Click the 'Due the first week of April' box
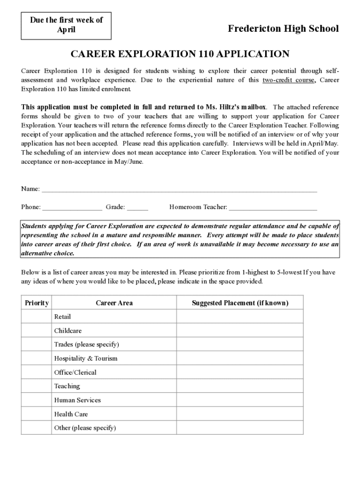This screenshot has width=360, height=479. pos(66,25)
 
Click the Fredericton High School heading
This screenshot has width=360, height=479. pos(283,29)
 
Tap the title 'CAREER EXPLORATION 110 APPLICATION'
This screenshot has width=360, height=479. pos(180,54)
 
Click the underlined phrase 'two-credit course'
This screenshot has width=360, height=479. pos(289,80)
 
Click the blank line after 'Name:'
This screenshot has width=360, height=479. pos(180,189)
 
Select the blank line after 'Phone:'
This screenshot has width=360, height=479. pos(72,207)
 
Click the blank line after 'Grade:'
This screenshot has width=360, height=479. pos(137,207)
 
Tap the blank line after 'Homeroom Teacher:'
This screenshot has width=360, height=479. pos(273,207)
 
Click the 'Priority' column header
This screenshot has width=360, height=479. pos(36,303)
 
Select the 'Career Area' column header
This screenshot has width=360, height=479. pos(114,303)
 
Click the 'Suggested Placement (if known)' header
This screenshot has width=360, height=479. pos(240,303)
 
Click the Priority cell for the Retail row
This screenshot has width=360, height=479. pos(36,317)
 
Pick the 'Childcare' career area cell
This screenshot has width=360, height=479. pos(68,331)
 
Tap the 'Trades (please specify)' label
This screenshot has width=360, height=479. pos(86,345)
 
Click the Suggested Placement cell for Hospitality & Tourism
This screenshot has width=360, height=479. pos(240,358)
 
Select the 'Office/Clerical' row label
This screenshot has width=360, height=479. pos(75,372)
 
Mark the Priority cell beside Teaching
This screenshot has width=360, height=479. pos(36,386)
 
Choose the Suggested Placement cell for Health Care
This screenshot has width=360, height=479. pos(240,414)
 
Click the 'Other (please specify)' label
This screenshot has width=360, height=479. pos(85,428)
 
